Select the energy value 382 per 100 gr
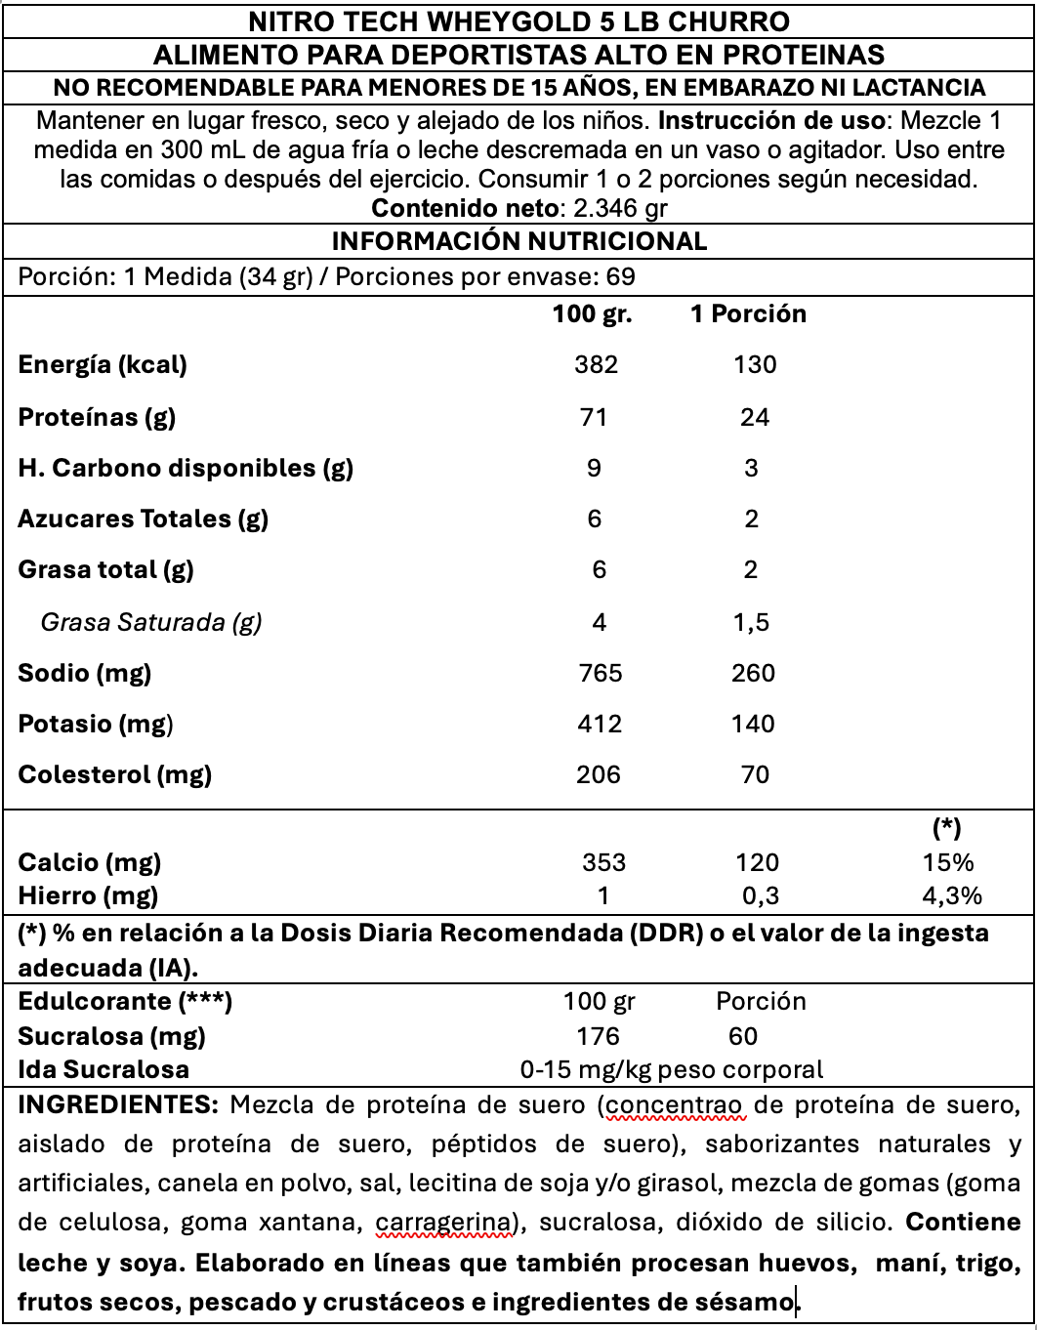pos(596,364)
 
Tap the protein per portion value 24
pos(755,417)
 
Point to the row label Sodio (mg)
pos(85,673)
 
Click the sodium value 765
pos(599,673)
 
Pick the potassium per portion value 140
pos(754,724)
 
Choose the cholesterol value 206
pos(598,774)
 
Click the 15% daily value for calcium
pos(948,862)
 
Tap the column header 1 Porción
pos(748,313)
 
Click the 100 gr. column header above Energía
pos(592,313)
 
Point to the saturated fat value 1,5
pos(751,622)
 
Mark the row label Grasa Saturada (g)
pos(151,622)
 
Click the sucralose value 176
pos(598,1036)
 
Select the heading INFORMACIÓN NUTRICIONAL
pos(518,241)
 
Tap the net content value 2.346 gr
pos(621,208)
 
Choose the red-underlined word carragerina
pos(444,1222)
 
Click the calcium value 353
pos(603,862)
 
